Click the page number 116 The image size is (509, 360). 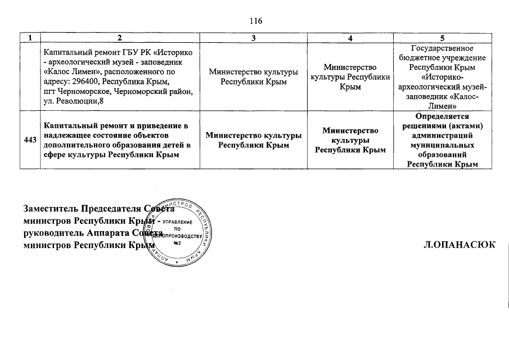click(x=255, y=21)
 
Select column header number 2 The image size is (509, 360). click(x=120, y=38)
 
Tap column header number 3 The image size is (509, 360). click(x=254, y=38)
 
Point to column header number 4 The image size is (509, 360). click(x=350, y=38)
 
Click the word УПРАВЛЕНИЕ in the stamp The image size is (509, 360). click(x=181, y=223)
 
